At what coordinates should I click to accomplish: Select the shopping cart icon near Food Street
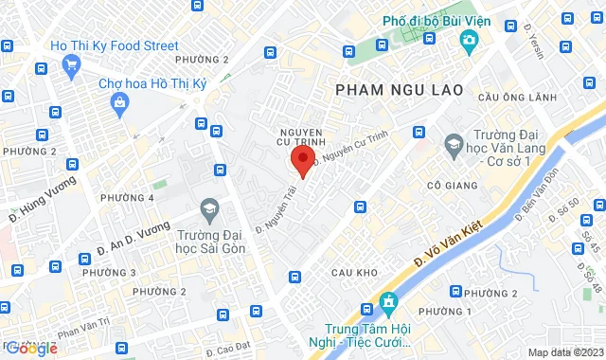(x=72, y=63)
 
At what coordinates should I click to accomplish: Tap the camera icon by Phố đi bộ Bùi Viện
(x=468, y=41)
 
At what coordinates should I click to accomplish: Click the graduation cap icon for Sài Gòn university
(x=206, y=208)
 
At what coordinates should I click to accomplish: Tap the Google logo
(x=31, y=348)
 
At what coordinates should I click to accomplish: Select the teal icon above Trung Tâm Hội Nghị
(x=386, y=305)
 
